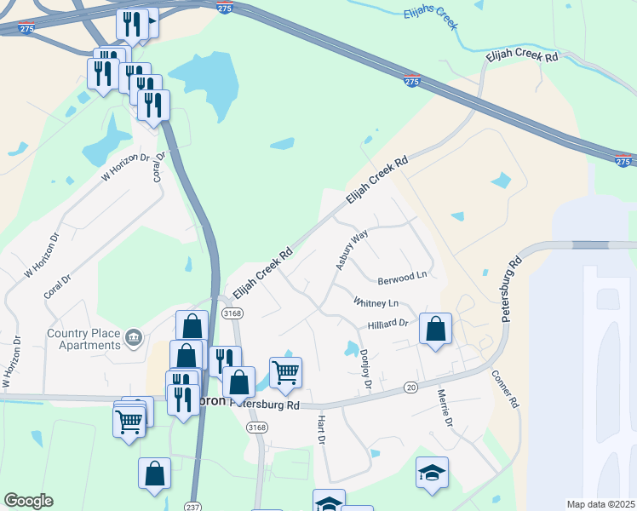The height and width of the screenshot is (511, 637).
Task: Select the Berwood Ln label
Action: (401, 278)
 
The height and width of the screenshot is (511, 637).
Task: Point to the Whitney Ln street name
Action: (376, 302)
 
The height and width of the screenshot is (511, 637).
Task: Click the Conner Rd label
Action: (504, 388)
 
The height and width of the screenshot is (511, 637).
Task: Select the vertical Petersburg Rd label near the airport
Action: (509, 290)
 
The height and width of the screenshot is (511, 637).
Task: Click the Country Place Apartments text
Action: (83, 339)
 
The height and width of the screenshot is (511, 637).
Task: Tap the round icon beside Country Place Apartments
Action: (133, 339)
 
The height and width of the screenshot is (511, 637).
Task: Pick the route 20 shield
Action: (410, 388)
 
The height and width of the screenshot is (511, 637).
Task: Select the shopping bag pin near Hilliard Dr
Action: (435, 329)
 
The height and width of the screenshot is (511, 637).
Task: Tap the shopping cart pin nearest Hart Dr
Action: (285, 371)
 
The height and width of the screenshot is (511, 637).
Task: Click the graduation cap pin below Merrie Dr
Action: (432, 473)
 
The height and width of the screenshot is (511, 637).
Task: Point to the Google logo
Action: (28, 501)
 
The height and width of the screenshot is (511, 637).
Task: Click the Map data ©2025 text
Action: (600, 504)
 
